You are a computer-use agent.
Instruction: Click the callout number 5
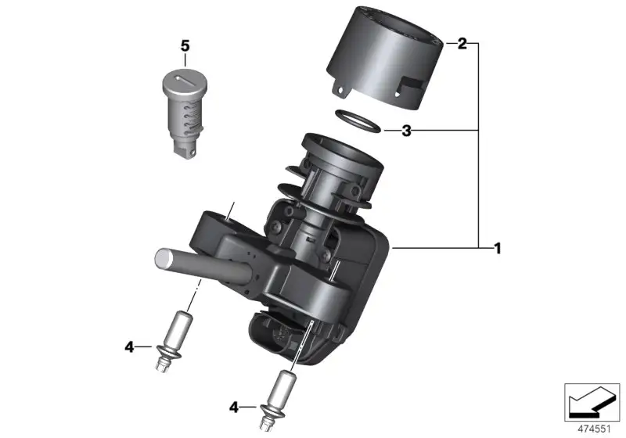(x=185, y=46)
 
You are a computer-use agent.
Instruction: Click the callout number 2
(x=462, y=43)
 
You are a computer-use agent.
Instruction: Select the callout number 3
(x=406, y=131)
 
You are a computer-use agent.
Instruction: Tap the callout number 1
(x=498, y=249)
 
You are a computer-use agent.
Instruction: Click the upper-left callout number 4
(x=129, y=347)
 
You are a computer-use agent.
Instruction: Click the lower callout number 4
(x=234, y=407)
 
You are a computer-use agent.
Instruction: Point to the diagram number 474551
(x=594, y=429)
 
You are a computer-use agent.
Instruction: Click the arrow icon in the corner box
(x=592, y=402)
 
